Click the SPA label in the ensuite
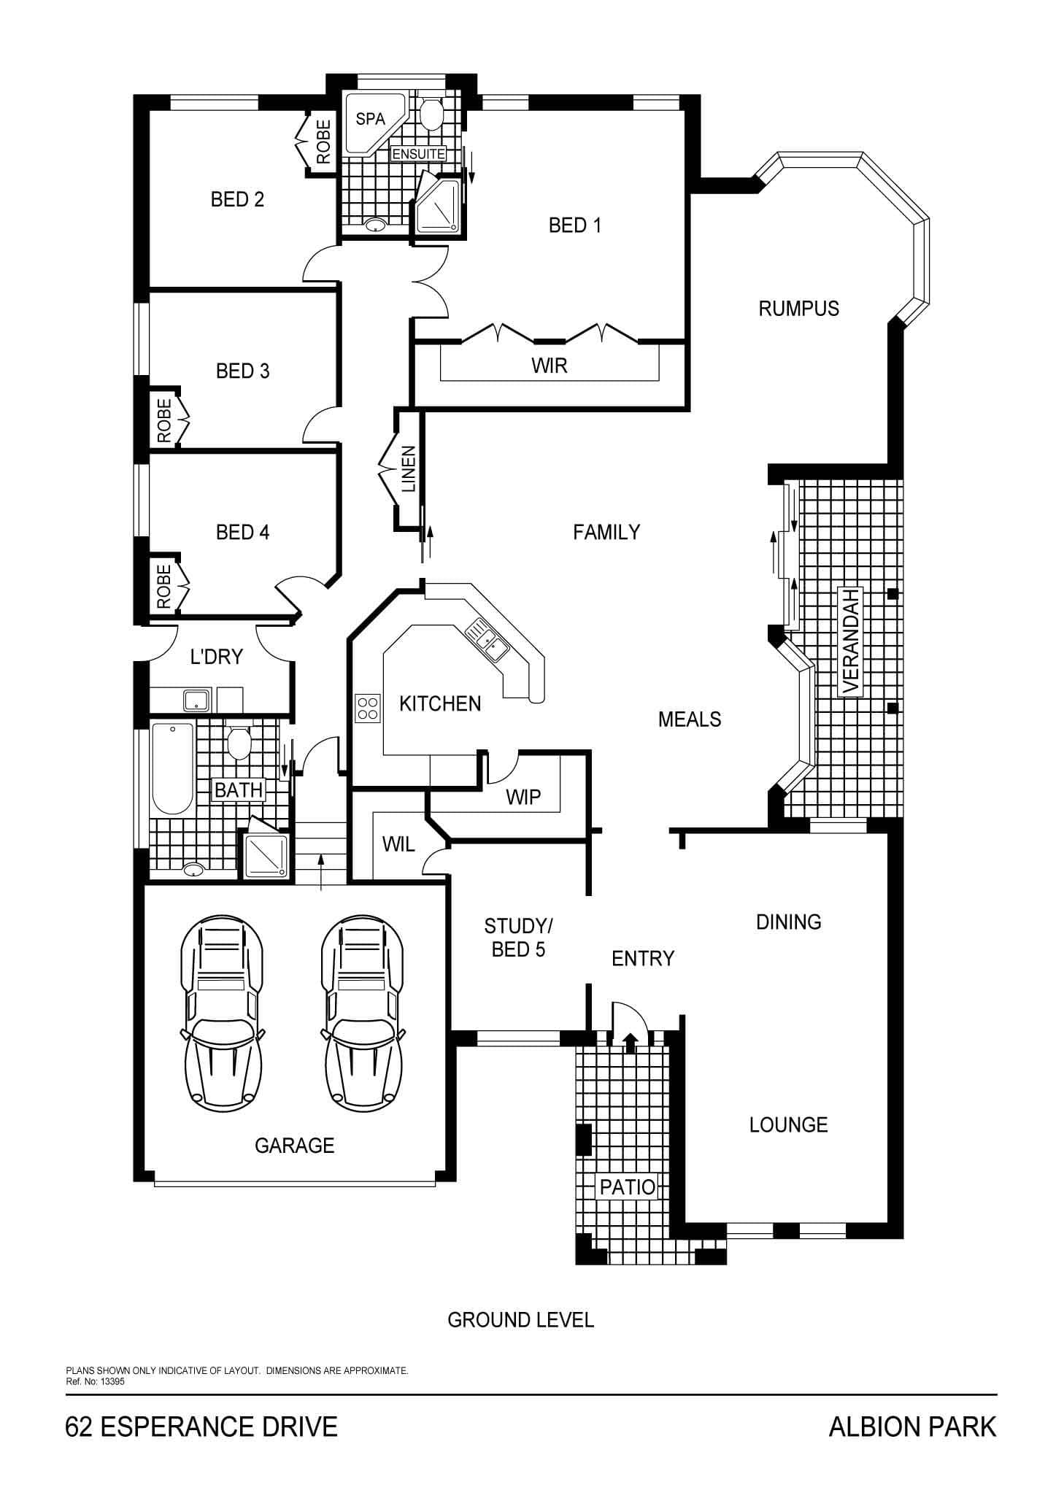pyautogui.click(x=370, y=119)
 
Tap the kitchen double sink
pyautogui.click(x=487, y=638)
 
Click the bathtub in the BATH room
pyautogui.click(x=172, y=768)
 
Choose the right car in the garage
pyautogui.click(x=363, y=1013)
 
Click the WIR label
pyautogui.click(x=550, y=366)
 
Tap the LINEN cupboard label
pyautogui.click(x=409, y=469)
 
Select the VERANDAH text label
pyautogui.click(x=850, y=641)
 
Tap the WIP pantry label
pyautogui.click(x=523, y=797)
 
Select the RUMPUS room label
pyautogui.click(x=798, y=309)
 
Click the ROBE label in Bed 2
pyautogui.click(x=324, y=142)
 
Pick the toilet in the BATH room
pyautogui.click(x=238, y=741)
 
